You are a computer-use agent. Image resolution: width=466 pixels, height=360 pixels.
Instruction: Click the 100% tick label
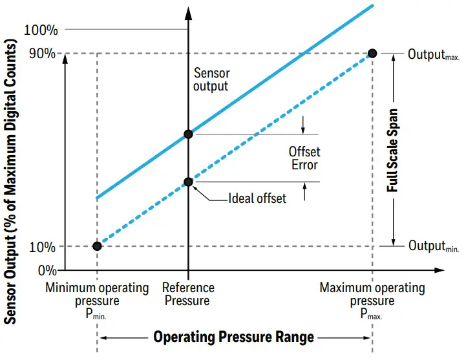click(x=41, y=30)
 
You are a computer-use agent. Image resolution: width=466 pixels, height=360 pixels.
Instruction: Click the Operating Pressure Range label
click(x=233, y=337)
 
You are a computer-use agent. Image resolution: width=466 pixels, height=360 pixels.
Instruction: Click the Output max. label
click(x=433, y=54)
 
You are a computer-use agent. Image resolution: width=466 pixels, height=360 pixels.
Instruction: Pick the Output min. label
click(x=433, y=247)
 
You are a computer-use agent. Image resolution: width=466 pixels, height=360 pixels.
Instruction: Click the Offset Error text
click(x=304, y=158)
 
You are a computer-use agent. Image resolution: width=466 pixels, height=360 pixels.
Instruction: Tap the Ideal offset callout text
click(x=257, y=198)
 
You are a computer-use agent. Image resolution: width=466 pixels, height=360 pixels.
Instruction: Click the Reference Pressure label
click(x=188, y=294)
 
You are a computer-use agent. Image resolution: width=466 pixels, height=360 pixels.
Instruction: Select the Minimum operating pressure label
click(x=97, y=301)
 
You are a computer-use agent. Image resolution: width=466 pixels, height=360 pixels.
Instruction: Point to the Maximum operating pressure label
click(x=372, y=301)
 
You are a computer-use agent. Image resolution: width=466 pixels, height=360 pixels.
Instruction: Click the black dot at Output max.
click(x=373, y=53)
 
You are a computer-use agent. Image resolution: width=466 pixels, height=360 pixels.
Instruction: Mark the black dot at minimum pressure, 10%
click(x=97, y=246)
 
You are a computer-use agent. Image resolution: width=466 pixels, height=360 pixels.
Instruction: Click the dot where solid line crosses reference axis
click(x=188, y=134)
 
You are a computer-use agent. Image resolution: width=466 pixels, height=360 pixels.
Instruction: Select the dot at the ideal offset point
click(x=188, y=182)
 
